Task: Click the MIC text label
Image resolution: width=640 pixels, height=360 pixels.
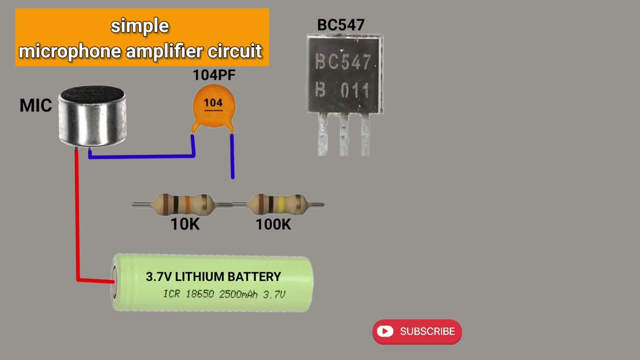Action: pyautogui.click(x=35, y=105)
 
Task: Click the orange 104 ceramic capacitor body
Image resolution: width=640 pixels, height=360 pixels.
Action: pyautogui.click(x=213, y=106)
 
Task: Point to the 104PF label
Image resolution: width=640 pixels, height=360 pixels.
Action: pyautogui.click(x=214, y=75)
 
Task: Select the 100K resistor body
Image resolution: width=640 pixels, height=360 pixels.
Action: pyautogui.click(x=277, y=204)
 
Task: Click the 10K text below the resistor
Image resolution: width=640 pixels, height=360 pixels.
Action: pyautogui.click(x=185, y=224)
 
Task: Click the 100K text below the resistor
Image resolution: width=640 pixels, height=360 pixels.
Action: pyautogui.click(x=273, y=224)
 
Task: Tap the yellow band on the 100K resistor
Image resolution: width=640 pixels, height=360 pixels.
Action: pyautogui.click(x=281, y=204)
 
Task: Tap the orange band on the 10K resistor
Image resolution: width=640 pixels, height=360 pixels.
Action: pyautogui.click(x=187, y=204)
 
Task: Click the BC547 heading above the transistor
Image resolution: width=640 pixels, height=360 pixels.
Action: pyautogui.click(x=341, y=25)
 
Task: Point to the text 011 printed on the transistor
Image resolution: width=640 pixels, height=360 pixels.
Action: pyautogui.click(x=354, y=90)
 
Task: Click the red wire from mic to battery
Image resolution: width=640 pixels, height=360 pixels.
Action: pyautogui.click(x=77, y=215)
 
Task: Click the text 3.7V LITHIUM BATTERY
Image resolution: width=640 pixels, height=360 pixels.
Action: pyautogui.click(x=213, y=276)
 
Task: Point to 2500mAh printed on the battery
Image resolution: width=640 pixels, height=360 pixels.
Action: pyautogui.click(x=238, y=294)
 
